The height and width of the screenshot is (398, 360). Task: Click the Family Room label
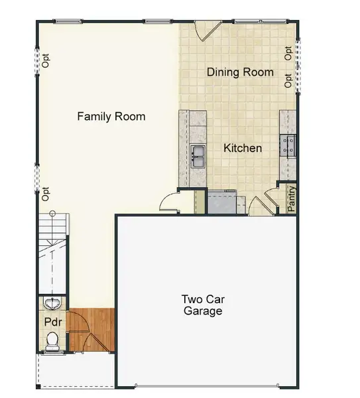(x=111, y=117)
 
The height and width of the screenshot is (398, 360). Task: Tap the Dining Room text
(x=240, y=72)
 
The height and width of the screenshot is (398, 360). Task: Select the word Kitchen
(x=242, y=148)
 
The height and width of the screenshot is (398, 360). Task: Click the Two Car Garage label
(x=203, y=304)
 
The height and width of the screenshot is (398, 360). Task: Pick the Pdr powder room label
(x=53, y=322)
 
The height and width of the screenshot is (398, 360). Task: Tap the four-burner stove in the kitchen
(x=288, y=145)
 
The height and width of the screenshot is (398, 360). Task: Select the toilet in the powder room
(x=52, y=340)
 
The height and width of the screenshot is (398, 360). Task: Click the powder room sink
(x=52, y=304)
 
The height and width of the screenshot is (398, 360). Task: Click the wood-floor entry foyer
(x=91, y=330)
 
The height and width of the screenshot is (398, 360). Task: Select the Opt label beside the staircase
(x=46, y=194)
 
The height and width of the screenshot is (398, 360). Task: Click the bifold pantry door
(x=271, y=199)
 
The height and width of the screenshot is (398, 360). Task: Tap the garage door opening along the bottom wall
(x=206, y=385)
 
